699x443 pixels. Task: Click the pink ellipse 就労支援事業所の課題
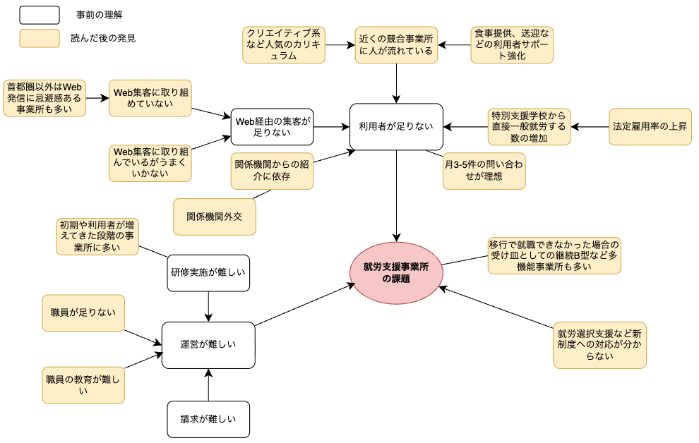click(x=395, y=272)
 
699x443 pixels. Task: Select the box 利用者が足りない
click(x=396, y=127)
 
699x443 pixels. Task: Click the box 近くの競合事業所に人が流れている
click(x=396, y=45)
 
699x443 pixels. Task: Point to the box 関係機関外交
click(x=215, y=217)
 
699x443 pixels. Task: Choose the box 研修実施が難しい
click(x=208, y=273)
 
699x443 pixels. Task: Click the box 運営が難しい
click(x=208, y=345)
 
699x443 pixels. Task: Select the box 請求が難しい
click(x=208, y=419)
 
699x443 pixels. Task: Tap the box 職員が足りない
click(x=83, y=312)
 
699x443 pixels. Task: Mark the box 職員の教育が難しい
click(x=83, y=384)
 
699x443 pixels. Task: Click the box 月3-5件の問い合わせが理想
click(x=484, y=171)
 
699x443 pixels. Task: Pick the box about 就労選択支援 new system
click(x=599, y=345)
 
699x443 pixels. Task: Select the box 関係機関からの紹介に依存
click(x=273, y=171)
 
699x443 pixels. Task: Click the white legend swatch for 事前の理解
click(x=40, y=14)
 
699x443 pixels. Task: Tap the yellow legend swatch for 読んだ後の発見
click(x=40, y=38)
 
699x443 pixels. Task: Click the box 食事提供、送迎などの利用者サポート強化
click(x=512, y=45)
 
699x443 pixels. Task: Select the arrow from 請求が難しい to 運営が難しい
click(x=208, y=385)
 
